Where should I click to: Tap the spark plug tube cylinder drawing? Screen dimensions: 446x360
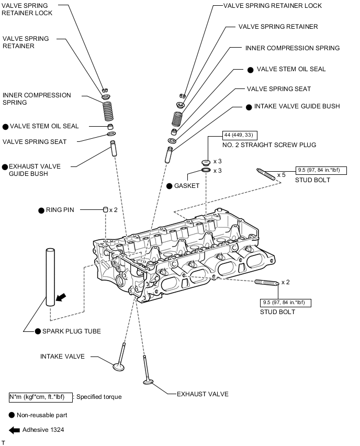[x=50, y=277]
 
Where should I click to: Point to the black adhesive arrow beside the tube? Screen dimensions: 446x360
[x=61, y=297]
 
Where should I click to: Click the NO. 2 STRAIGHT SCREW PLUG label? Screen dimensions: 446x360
[x=269, y=144]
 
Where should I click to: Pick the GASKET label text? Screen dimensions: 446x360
[x=187, y=186]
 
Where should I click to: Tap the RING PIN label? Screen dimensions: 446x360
[x=61, y=210]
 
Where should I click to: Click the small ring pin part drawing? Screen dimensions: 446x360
[x=105, y=209]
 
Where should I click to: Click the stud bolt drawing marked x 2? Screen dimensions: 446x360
[x=267, y=283]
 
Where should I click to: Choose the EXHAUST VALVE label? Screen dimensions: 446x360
[x=203, y=394]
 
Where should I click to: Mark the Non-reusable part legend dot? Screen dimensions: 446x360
[x=12, y=415]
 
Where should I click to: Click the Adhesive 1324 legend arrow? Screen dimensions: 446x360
[x=14, y=430]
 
